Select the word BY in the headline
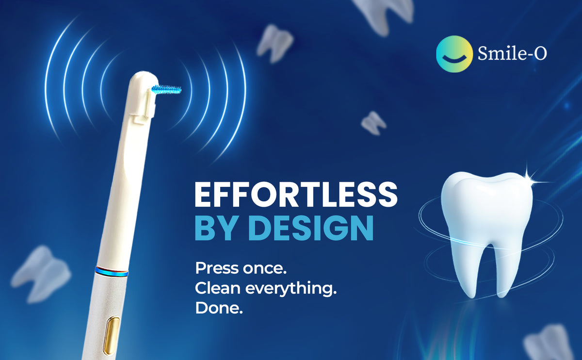click(215, 228)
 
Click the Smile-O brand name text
click(512, 54)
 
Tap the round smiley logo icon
click(453, 54)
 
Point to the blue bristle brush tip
click(166, 89)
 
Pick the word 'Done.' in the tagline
click(218, 308)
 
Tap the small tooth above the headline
click(373, 122)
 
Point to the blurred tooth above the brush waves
click(275, 43)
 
